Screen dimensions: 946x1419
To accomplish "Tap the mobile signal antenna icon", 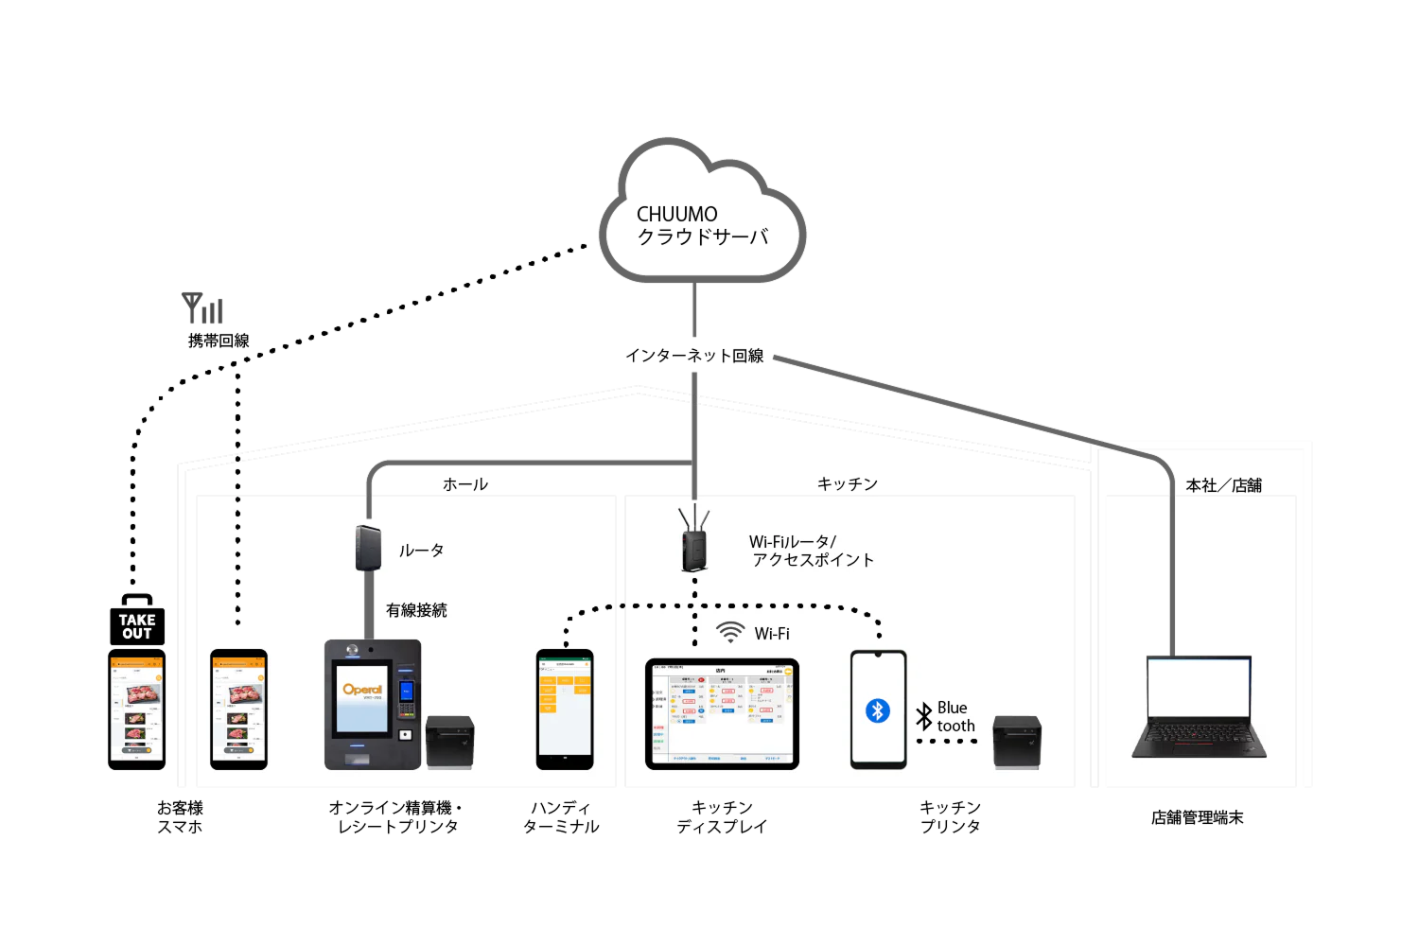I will [x=202, y=308].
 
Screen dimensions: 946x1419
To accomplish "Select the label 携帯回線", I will [x=219, y=341].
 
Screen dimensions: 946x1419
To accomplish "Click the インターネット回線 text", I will [x=694, y=356].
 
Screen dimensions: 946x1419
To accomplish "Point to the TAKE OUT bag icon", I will [x=137, y=622].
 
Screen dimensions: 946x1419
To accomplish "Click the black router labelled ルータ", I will [x=368, y=548].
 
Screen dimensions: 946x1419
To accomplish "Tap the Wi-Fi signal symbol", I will [x=730, y=632].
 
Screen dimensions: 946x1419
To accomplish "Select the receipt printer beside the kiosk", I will [x=449, y=742].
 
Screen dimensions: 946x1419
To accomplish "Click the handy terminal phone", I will [x=565, y=709].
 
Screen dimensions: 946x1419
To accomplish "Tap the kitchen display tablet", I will [x=722, y=714].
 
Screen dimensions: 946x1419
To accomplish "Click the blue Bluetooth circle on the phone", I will [x=878, y=710].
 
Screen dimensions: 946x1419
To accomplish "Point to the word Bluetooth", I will [x=955, y=717].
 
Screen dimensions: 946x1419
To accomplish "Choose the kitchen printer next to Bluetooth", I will [x=1017, y=742].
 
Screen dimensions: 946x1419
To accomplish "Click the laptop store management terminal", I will [x=1199, y=707].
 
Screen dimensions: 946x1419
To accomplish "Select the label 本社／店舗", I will [x=1223, y=485].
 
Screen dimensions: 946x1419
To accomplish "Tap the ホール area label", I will [x=465, y=484].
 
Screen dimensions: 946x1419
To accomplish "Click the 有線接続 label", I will [x=416, y=610].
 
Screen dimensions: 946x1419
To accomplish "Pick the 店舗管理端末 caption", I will [x=1197, y=817].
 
